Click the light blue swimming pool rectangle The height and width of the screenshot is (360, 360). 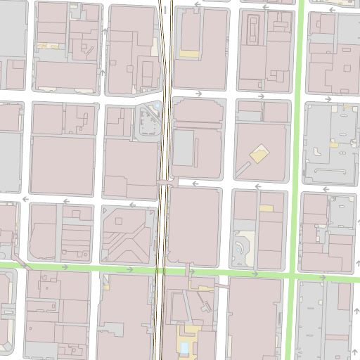click(x=184, y=347)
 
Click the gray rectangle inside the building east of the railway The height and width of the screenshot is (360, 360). click(x=184, y=148)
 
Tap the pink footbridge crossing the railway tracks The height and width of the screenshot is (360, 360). click(x=166, y=181)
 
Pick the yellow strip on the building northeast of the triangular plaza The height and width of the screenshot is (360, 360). click(x=188, y=53)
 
